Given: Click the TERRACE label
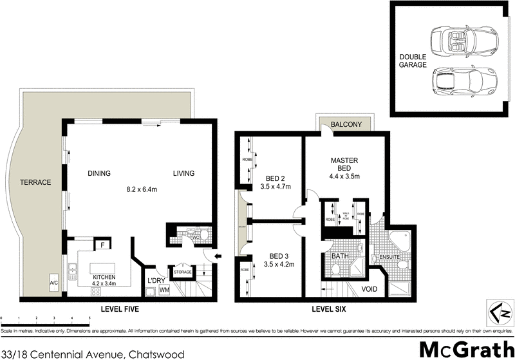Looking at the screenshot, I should point(35,182).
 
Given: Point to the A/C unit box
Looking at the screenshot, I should point(54,282).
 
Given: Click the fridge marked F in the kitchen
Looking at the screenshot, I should point(101,245).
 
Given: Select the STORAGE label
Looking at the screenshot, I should point(182,272).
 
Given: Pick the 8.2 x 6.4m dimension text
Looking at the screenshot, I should point(142,190).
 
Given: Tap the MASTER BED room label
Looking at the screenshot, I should point(344,164).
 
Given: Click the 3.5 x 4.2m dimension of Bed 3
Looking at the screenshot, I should point(279,263).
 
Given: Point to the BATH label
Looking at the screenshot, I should point(340,257).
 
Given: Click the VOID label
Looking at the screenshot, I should point(370,289).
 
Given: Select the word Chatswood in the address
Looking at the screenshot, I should point(156,354).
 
